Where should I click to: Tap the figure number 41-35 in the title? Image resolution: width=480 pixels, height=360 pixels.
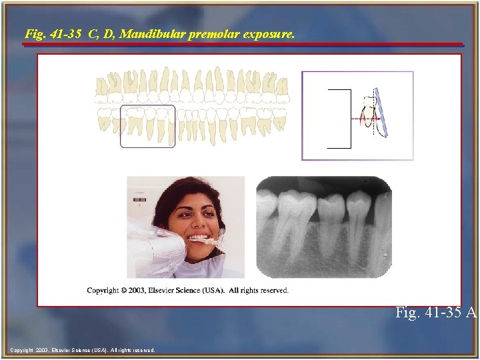[61, 32]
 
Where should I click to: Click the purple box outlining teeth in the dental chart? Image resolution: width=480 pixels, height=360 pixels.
[147, 106]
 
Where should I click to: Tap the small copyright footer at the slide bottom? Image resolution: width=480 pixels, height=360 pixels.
[83, 349]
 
